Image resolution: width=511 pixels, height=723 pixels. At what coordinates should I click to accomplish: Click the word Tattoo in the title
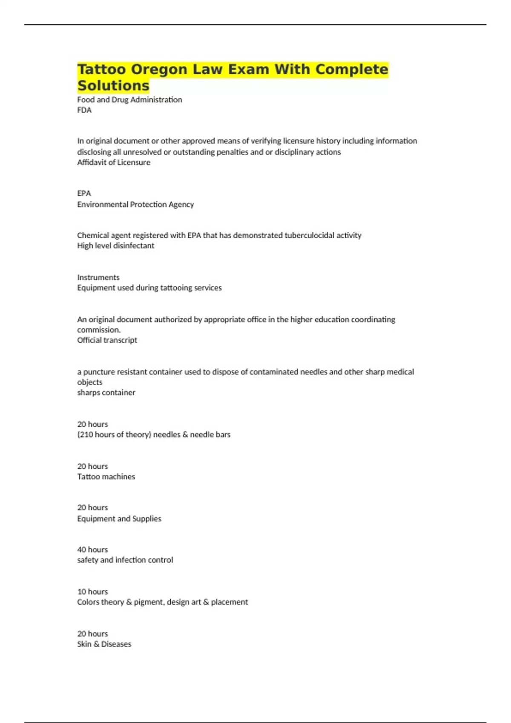(x=102, y=69)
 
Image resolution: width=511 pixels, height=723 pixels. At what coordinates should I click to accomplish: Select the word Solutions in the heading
(x=113, y=85)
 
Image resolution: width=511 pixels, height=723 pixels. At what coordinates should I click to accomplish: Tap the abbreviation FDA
(x=84, y=110)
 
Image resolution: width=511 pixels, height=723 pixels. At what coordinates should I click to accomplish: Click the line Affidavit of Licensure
(x=114, y=162)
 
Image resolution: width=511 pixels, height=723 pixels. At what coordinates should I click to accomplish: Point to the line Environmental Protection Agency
(x=135, y=205)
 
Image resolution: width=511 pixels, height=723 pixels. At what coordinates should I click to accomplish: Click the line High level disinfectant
(x=116, y=246)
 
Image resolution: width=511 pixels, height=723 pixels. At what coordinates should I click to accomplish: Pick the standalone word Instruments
(x=98, y=278)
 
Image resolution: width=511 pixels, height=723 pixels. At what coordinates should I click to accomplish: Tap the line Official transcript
(x=107, y=340)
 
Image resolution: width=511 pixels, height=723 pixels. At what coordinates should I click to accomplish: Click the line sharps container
(x=106, y=393)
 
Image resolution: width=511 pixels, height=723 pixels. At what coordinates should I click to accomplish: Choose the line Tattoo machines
(x=106, y=477)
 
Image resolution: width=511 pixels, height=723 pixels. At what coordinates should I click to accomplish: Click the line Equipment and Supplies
(x=119, y=519)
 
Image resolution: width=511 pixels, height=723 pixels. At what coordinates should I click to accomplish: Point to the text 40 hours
(x=92, y=550)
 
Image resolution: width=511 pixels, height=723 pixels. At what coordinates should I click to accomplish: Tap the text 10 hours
(x=92, y=592)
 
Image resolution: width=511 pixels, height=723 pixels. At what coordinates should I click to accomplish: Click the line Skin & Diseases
(x=104, y=644)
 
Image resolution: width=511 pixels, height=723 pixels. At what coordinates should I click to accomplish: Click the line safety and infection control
(x=125, y=560)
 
